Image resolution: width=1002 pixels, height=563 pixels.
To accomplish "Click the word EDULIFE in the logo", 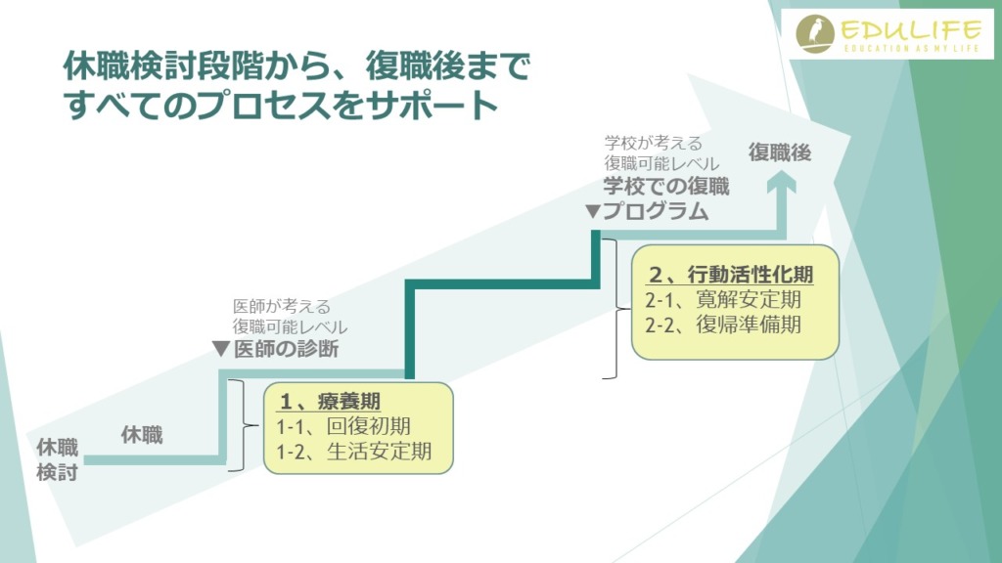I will point(900,28).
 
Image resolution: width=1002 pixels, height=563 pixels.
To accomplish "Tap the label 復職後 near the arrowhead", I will point(780,152).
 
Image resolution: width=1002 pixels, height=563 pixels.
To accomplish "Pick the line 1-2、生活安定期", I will point(353,452).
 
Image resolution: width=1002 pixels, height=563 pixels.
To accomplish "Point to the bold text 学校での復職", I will point(666,186).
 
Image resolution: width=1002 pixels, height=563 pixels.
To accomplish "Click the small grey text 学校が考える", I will point(648,143).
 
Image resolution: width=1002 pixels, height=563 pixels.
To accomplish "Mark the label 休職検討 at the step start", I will point(58,459).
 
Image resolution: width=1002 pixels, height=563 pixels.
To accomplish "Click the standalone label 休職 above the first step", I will point(142,436).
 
